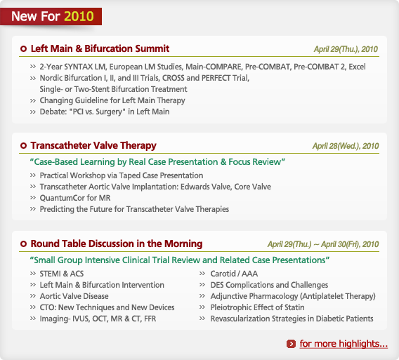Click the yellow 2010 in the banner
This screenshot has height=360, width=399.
pos(79,16)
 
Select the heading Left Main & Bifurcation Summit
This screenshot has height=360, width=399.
pos(100,48)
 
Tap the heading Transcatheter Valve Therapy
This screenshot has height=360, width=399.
pos(93,145)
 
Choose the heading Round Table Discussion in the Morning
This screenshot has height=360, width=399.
pos(117,244)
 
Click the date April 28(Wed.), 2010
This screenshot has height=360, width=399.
pos(346,146)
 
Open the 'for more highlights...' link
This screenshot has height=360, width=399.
pos(344,343)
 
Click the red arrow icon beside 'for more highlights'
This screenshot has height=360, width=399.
pos(291,344)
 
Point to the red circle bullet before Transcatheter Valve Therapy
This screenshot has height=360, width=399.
pos(23,146)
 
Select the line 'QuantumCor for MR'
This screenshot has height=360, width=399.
pos(75,198)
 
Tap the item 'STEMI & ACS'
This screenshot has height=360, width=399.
pos(62,274)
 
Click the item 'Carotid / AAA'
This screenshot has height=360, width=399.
pos(234,274)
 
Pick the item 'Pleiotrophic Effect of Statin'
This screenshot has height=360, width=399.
pos(257,307)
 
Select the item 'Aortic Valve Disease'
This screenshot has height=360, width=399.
pos(74,296)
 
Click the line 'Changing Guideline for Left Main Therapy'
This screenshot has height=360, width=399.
pos(112,100)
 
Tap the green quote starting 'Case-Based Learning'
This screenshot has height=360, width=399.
pos(157,161)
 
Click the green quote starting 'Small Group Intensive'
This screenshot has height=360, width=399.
pos(180,260)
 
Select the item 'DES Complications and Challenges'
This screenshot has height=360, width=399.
pos(269,285)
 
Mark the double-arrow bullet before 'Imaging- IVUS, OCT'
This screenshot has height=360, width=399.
pos(33,319)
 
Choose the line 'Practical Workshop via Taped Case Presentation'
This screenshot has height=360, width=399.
pos(122,175)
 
